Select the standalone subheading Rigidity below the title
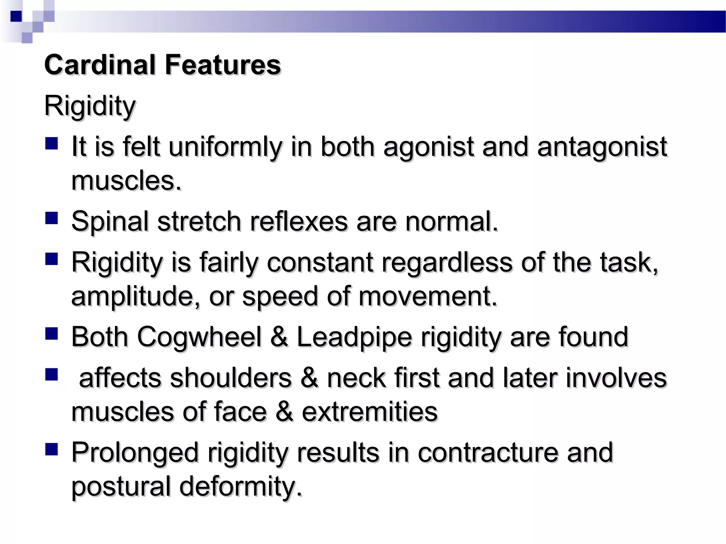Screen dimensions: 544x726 point(90,106)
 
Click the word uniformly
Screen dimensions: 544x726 point(225,147)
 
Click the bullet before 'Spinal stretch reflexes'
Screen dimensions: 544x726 point(52,218)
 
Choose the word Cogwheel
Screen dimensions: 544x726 point(199,337)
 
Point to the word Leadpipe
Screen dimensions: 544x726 point(354,337)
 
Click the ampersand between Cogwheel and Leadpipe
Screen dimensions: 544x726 point(279,337)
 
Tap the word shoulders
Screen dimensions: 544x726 point(231,378)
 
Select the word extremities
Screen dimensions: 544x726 point(370,412)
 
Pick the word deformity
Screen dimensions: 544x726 point(241,487)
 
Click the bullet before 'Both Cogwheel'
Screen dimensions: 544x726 point(52,334)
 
